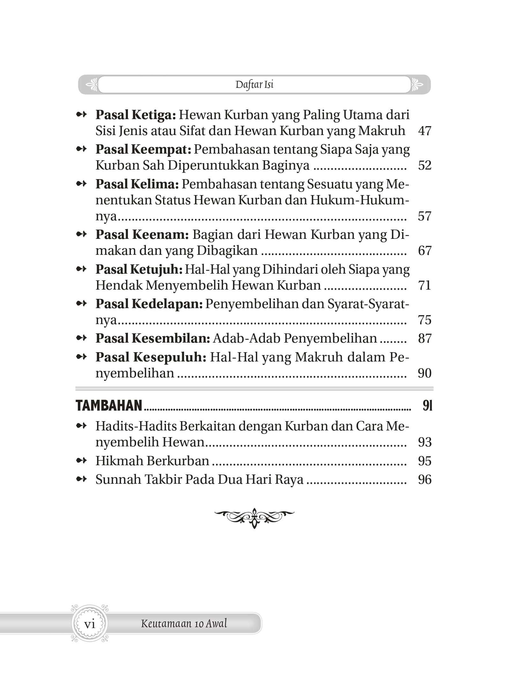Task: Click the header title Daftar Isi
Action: pos(254,85)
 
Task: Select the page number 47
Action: pos(424,131)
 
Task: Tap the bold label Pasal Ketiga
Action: pos(136,115)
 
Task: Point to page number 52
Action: pos(424,165)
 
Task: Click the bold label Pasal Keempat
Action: pos(143,149)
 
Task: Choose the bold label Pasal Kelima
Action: pos(137,184)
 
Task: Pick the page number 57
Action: pos(424,216)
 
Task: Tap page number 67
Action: pos(424,251)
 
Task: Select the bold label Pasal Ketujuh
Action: pos(139,269)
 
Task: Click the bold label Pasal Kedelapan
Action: pos(149,304)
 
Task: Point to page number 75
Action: pos(424,320)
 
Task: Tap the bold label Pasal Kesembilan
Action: pos(153,338)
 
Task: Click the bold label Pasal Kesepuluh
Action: pos(151,357)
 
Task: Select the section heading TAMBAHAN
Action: pos(109,406)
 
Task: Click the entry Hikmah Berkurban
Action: pos(152,461)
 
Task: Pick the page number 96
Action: pos(424,480)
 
